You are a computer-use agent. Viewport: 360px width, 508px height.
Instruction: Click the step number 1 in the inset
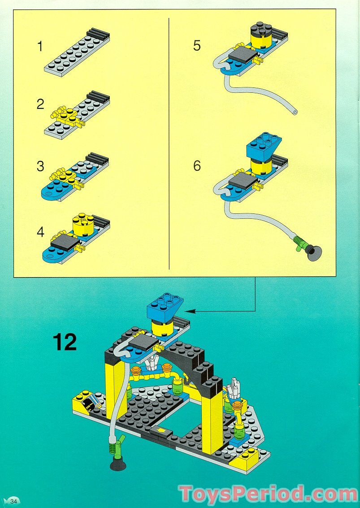tap(40, 46)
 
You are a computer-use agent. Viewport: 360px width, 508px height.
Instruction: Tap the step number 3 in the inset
tap(40, 166)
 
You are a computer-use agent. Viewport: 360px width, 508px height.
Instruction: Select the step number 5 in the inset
tap(197, 46)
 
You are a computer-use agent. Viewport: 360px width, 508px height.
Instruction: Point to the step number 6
tap(197, 165)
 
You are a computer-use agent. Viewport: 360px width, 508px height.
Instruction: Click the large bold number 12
tap(65, 342)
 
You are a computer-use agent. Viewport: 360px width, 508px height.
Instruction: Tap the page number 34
tap(13, 501)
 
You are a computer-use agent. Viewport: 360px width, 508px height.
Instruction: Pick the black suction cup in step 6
tap(313, 254)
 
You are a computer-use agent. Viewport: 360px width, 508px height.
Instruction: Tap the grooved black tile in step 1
tap(98, 34)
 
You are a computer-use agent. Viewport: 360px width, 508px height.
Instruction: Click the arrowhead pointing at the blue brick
tap(188, 310)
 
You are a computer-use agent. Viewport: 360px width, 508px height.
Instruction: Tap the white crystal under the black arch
tap(154, 360)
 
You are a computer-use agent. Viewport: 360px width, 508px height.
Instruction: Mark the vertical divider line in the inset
tap(169, 143)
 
